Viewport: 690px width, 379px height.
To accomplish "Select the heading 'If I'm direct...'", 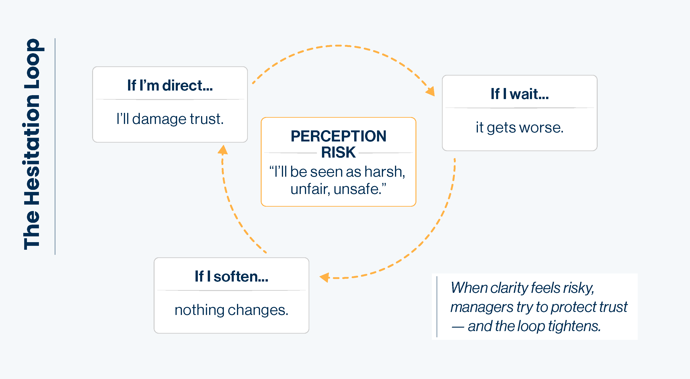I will (x=170, y=85).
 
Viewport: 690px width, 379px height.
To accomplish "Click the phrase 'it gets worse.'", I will (x=519, y=128).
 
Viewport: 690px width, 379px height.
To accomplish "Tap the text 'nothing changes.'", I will (x=231, y=310).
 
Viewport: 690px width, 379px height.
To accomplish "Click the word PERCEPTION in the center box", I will (x=338, y=136).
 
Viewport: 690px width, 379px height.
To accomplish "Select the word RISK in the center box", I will (x=338, y=152).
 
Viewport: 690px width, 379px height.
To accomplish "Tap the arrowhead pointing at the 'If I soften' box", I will (x=324, y=277).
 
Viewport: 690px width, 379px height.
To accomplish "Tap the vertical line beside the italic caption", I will (x=437, y=307).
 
